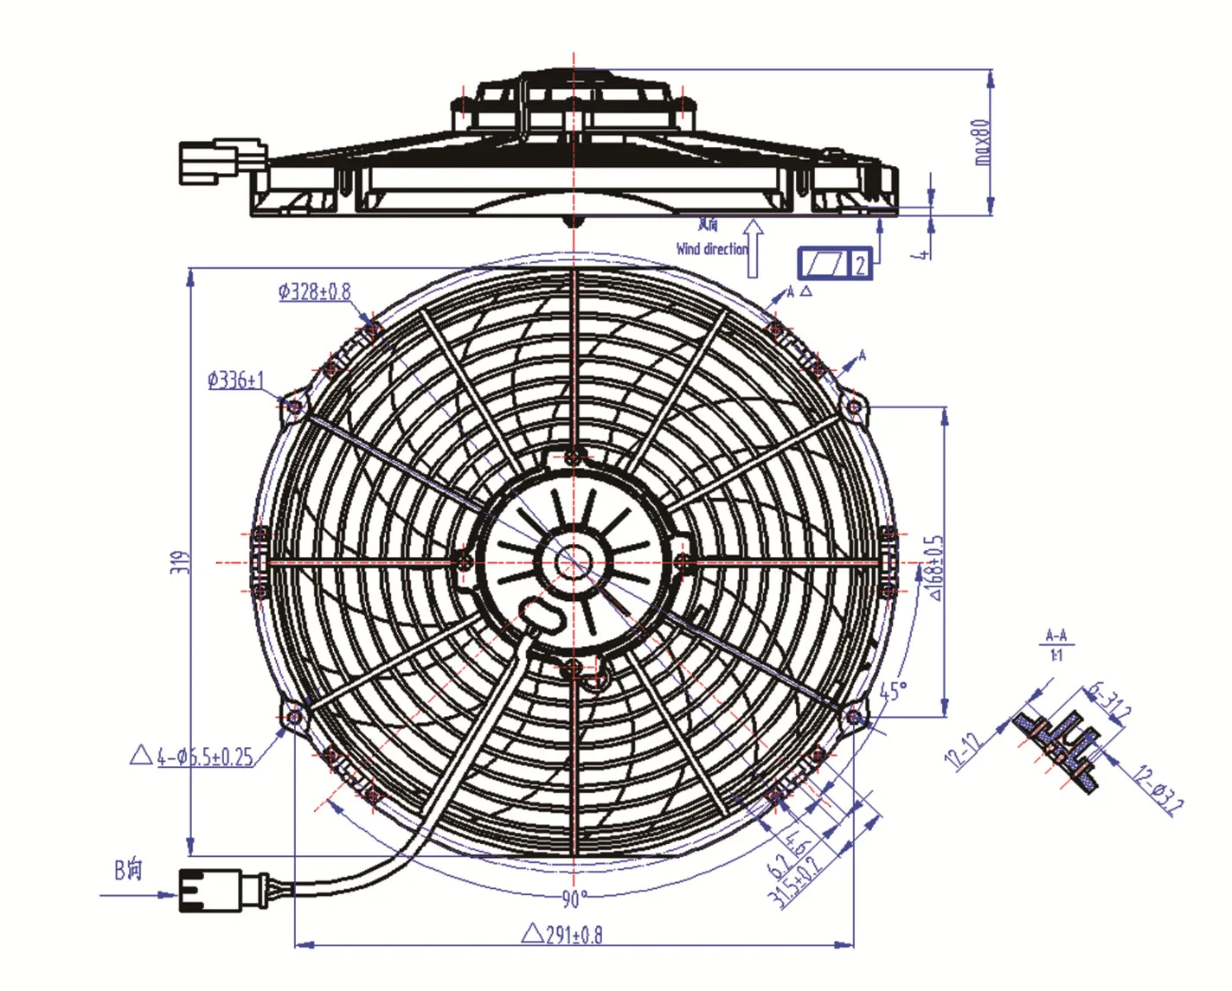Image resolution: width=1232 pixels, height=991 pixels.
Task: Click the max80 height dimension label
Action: point(981,142)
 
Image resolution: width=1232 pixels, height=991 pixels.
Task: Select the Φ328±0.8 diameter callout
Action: point(314,291)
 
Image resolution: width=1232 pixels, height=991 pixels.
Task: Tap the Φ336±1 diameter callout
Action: point(235,380)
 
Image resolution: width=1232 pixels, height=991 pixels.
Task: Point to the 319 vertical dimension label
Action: point(179,562)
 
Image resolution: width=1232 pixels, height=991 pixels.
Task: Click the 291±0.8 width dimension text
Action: point(563,935)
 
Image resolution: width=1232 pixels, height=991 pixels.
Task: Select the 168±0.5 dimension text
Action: point(936,567)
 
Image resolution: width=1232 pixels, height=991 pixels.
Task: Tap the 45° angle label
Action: point(894,691)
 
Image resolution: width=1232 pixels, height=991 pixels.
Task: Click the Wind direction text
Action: point(712,248)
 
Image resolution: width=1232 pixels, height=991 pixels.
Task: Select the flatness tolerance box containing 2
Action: point(834,263)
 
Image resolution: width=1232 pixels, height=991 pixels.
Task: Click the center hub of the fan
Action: point(572,562)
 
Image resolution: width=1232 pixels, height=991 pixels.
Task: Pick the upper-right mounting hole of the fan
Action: point(854,406)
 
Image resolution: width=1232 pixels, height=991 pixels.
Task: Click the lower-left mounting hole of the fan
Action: point(294,716)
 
